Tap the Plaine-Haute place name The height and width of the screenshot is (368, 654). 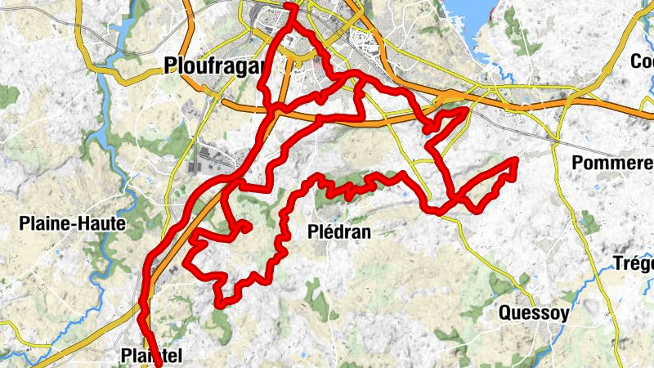click(x=73, y=222)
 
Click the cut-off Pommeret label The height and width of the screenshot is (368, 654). click(x=613, y=163)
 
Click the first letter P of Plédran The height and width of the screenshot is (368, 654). click(x=311, y=231)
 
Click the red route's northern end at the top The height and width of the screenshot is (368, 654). click(x=290, y=7)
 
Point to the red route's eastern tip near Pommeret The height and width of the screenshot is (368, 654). click(x=516, y=160)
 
